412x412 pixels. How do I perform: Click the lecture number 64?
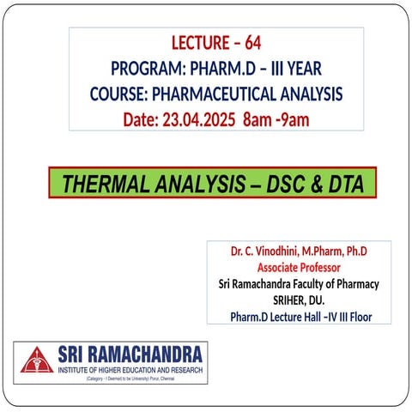251,43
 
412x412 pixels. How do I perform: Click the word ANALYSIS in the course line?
304,94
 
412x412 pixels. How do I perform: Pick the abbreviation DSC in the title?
288,183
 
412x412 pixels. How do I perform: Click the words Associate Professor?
299,268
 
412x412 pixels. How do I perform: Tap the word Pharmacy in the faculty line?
352,284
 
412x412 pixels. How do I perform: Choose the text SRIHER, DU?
299,300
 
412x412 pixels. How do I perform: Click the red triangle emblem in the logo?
36,360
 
